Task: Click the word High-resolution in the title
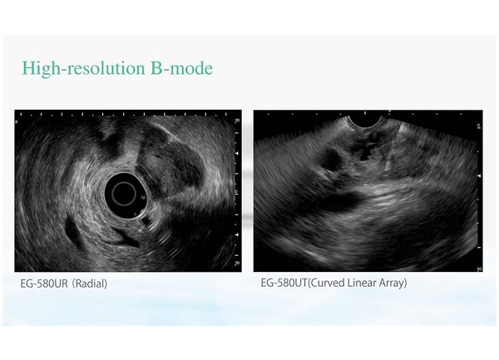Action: tap(83, 68)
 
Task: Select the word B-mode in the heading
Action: tap(181, 67)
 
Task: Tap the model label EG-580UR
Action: tap(44, 284)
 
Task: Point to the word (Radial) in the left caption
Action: tap(90, 284)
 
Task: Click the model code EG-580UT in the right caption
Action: tap(284, 283)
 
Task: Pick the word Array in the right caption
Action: tap(391, 283)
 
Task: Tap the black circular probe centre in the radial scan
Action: tap(125, 194)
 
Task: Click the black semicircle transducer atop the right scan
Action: tap(365, 121)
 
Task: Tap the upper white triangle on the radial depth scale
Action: tap(236, 154)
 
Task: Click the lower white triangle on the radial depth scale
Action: tap(236, 234)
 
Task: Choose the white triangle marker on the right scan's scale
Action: tap(479, 176)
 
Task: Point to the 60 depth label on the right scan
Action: tap(479, 269)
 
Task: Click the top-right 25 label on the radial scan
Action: tap(237, 121)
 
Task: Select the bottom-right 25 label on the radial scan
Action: tap(237, 264)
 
